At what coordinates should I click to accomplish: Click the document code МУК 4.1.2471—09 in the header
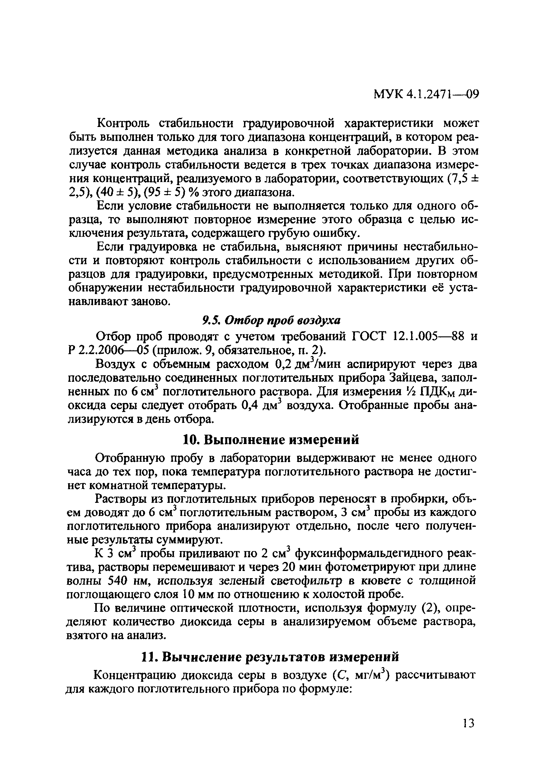coord(426,95)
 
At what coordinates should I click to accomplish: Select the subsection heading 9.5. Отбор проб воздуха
coord(272,320)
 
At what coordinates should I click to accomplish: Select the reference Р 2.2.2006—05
coord(108,350)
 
